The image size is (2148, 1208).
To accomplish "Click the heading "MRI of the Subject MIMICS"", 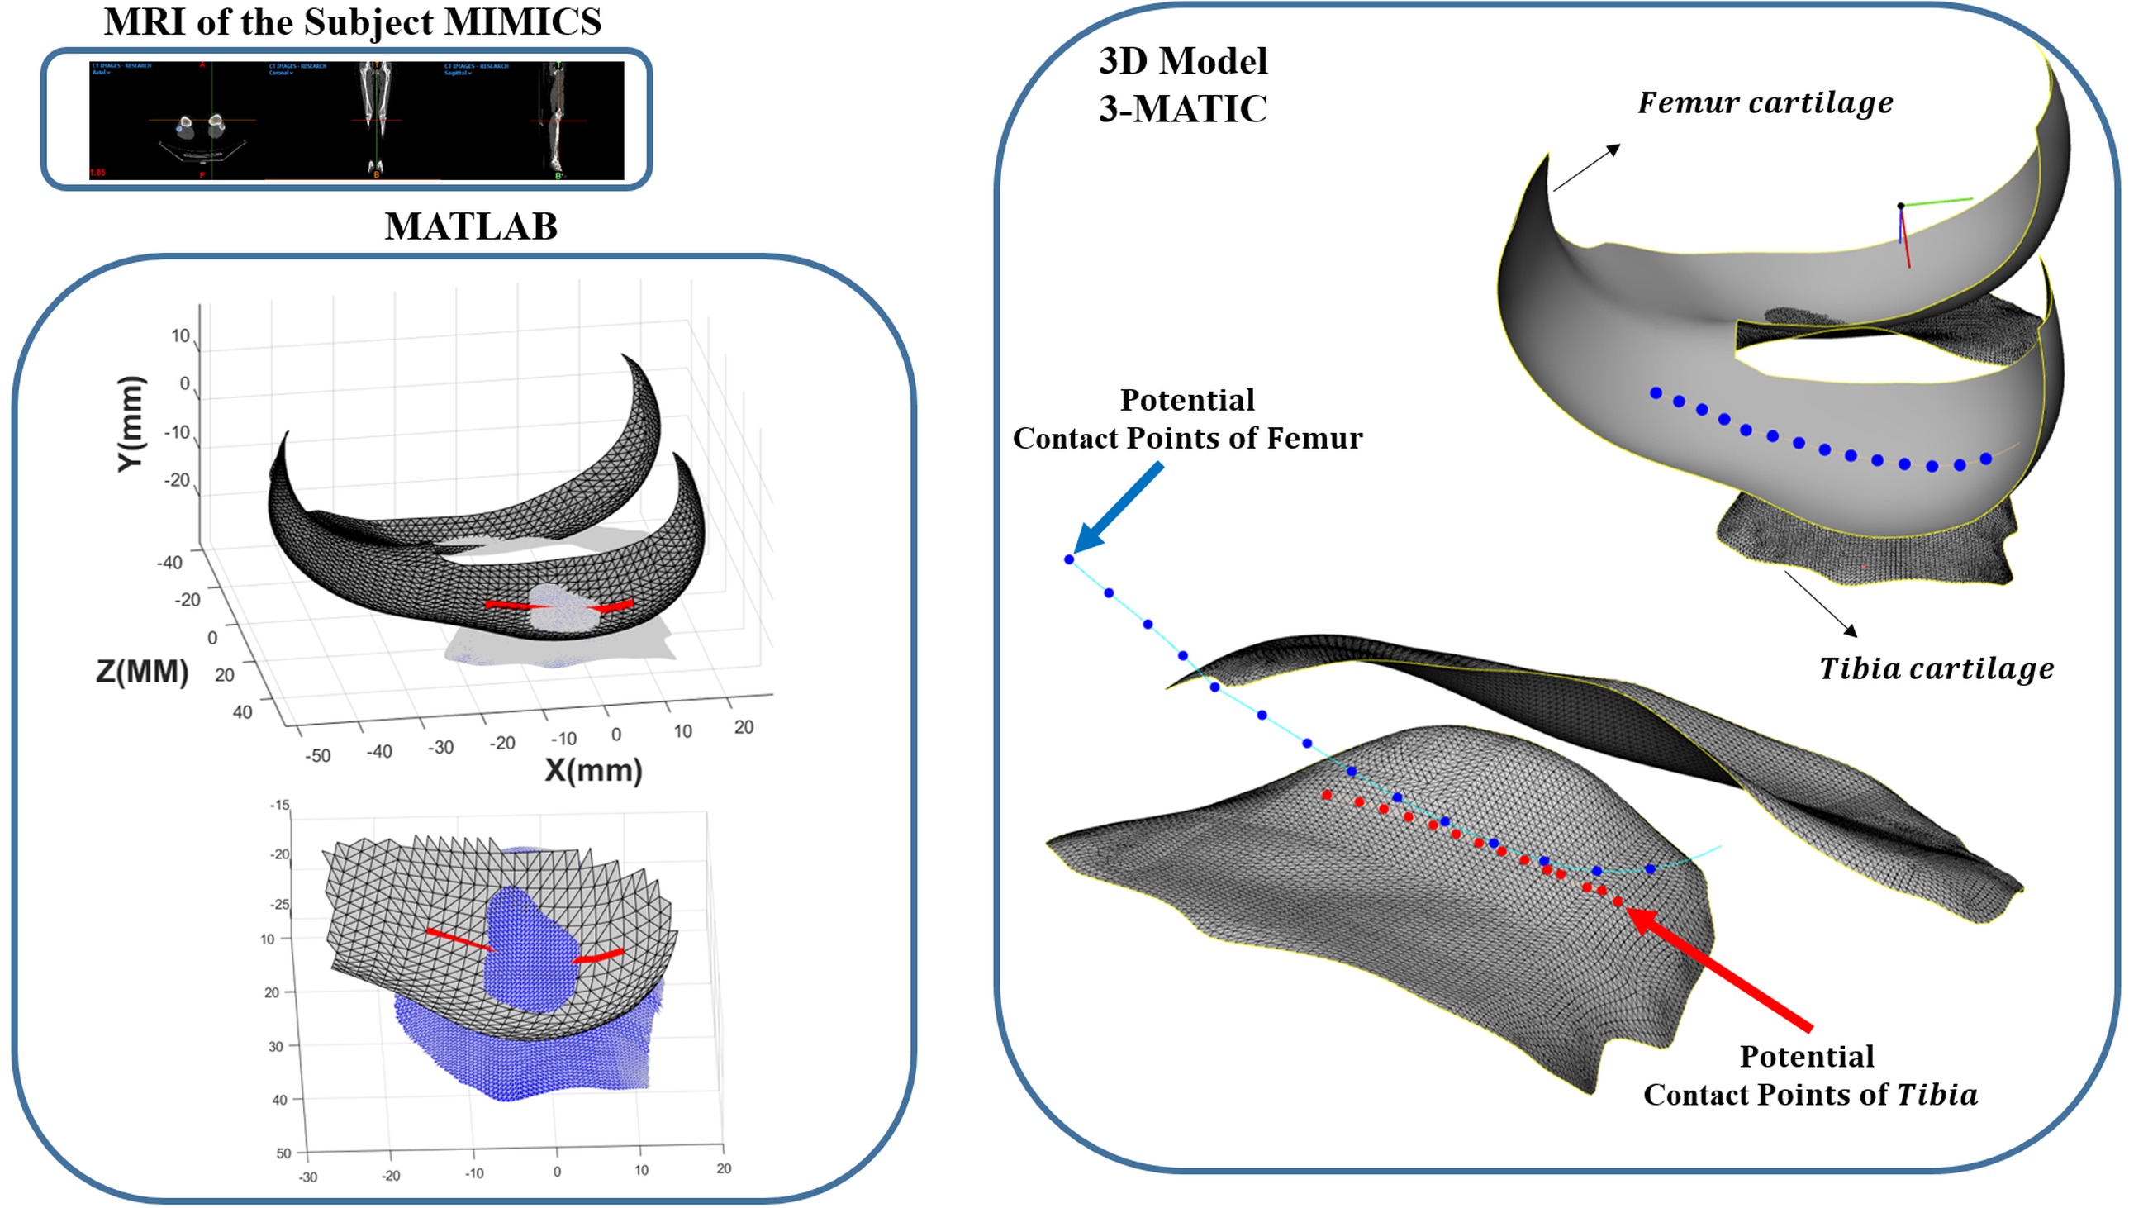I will pos(352,22).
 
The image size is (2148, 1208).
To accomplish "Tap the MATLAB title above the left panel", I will pos(470,226).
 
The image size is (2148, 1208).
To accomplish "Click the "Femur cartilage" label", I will pos(1765,103).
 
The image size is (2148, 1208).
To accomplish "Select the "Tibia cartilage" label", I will pos(1937,668).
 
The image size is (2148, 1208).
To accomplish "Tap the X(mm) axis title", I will pos(593,770).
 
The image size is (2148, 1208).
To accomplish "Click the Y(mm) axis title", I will pos(131,425).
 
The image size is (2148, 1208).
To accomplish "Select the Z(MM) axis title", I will pos(142,672).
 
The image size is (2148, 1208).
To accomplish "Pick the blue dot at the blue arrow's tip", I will pos(1069,559).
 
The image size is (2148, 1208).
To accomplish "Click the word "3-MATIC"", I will pos(1182,109).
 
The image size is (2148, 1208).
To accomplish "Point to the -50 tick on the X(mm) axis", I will pos(318,756).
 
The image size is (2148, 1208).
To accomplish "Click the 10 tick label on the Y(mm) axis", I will pos(181,336).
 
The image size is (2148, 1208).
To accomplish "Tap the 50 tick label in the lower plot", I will pos(283,1153).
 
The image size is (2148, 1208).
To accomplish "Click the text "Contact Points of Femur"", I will pos(1187,439).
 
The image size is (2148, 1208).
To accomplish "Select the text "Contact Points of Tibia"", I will pos(1810,1095).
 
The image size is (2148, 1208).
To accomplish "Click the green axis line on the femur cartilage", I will pos(1938,202).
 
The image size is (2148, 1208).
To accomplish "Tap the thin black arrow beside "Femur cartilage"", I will pos(1586,168).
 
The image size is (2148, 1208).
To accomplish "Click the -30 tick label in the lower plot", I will pos(307,1177).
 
